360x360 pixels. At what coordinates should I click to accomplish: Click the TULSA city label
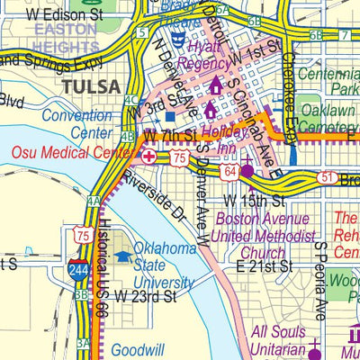(90, 85)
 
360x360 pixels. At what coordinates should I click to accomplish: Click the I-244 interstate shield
(77, 267)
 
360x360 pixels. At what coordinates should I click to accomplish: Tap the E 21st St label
(265, 267)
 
